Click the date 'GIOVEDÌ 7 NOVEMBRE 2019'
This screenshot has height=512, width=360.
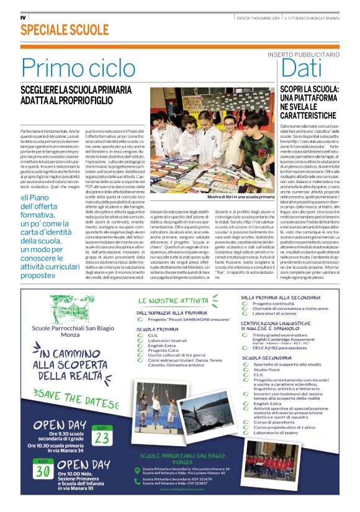click(x=258, y=17)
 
